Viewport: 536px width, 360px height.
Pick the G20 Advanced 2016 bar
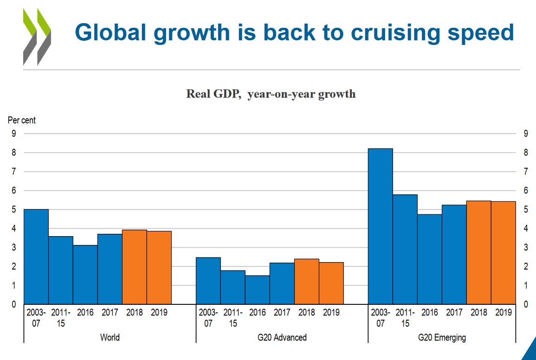(258, 290)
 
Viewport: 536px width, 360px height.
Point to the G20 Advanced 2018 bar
(307, 282)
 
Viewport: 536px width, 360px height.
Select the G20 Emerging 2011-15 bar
(405, 249)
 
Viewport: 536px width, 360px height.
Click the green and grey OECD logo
(37, 37)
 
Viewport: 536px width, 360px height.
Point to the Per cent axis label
(22, 120)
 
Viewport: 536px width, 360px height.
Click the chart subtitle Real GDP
(213, 94)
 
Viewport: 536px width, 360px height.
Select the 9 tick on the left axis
(14, 134)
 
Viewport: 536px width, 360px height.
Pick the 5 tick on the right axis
(525, 210)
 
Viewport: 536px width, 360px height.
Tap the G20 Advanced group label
(282, 337)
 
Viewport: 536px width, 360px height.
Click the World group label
(110, 337)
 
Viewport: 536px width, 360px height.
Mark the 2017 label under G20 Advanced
(282, 313)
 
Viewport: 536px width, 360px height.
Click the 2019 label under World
(159, 313)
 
